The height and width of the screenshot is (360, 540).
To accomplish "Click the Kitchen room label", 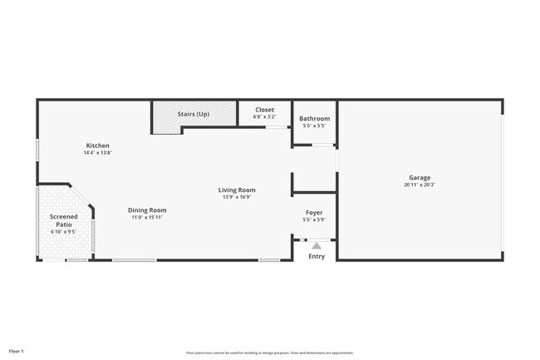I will coord(96,145).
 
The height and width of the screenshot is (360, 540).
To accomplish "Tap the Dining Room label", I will coord(147,210).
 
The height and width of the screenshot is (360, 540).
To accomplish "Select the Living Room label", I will coord(237,190).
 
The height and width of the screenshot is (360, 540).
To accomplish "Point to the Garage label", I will coord(420,177).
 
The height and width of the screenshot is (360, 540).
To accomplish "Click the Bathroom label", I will coord(315,119).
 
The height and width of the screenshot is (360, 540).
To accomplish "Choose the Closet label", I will coord(264,110).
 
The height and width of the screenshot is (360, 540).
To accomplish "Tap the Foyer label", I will coord(314,213).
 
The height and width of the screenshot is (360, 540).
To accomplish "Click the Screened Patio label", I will coord(64,220).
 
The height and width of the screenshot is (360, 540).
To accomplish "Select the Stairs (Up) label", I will coord(194,113).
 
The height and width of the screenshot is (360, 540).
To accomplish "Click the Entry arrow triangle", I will coord(317,245).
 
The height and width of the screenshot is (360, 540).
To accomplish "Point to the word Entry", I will coord(317,256).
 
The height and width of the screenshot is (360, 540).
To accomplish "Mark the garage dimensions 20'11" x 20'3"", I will coord(420,185).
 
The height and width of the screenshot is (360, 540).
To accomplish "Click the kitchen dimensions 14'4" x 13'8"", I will coord(96,153).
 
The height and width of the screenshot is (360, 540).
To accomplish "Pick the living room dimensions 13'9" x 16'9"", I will coord(237,197).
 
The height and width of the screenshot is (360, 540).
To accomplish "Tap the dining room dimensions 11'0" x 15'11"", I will coord(147,218).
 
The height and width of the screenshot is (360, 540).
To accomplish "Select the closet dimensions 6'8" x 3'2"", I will coord(264,116).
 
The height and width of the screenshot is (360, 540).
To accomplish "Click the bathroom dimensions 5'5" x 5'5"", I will coord(315,126).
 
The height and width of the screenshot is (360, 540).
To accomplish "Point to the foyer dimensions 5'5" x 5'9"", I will coord(314,220).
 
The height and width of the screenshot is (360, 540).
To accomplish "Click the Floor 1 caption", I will coord(17,351).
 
